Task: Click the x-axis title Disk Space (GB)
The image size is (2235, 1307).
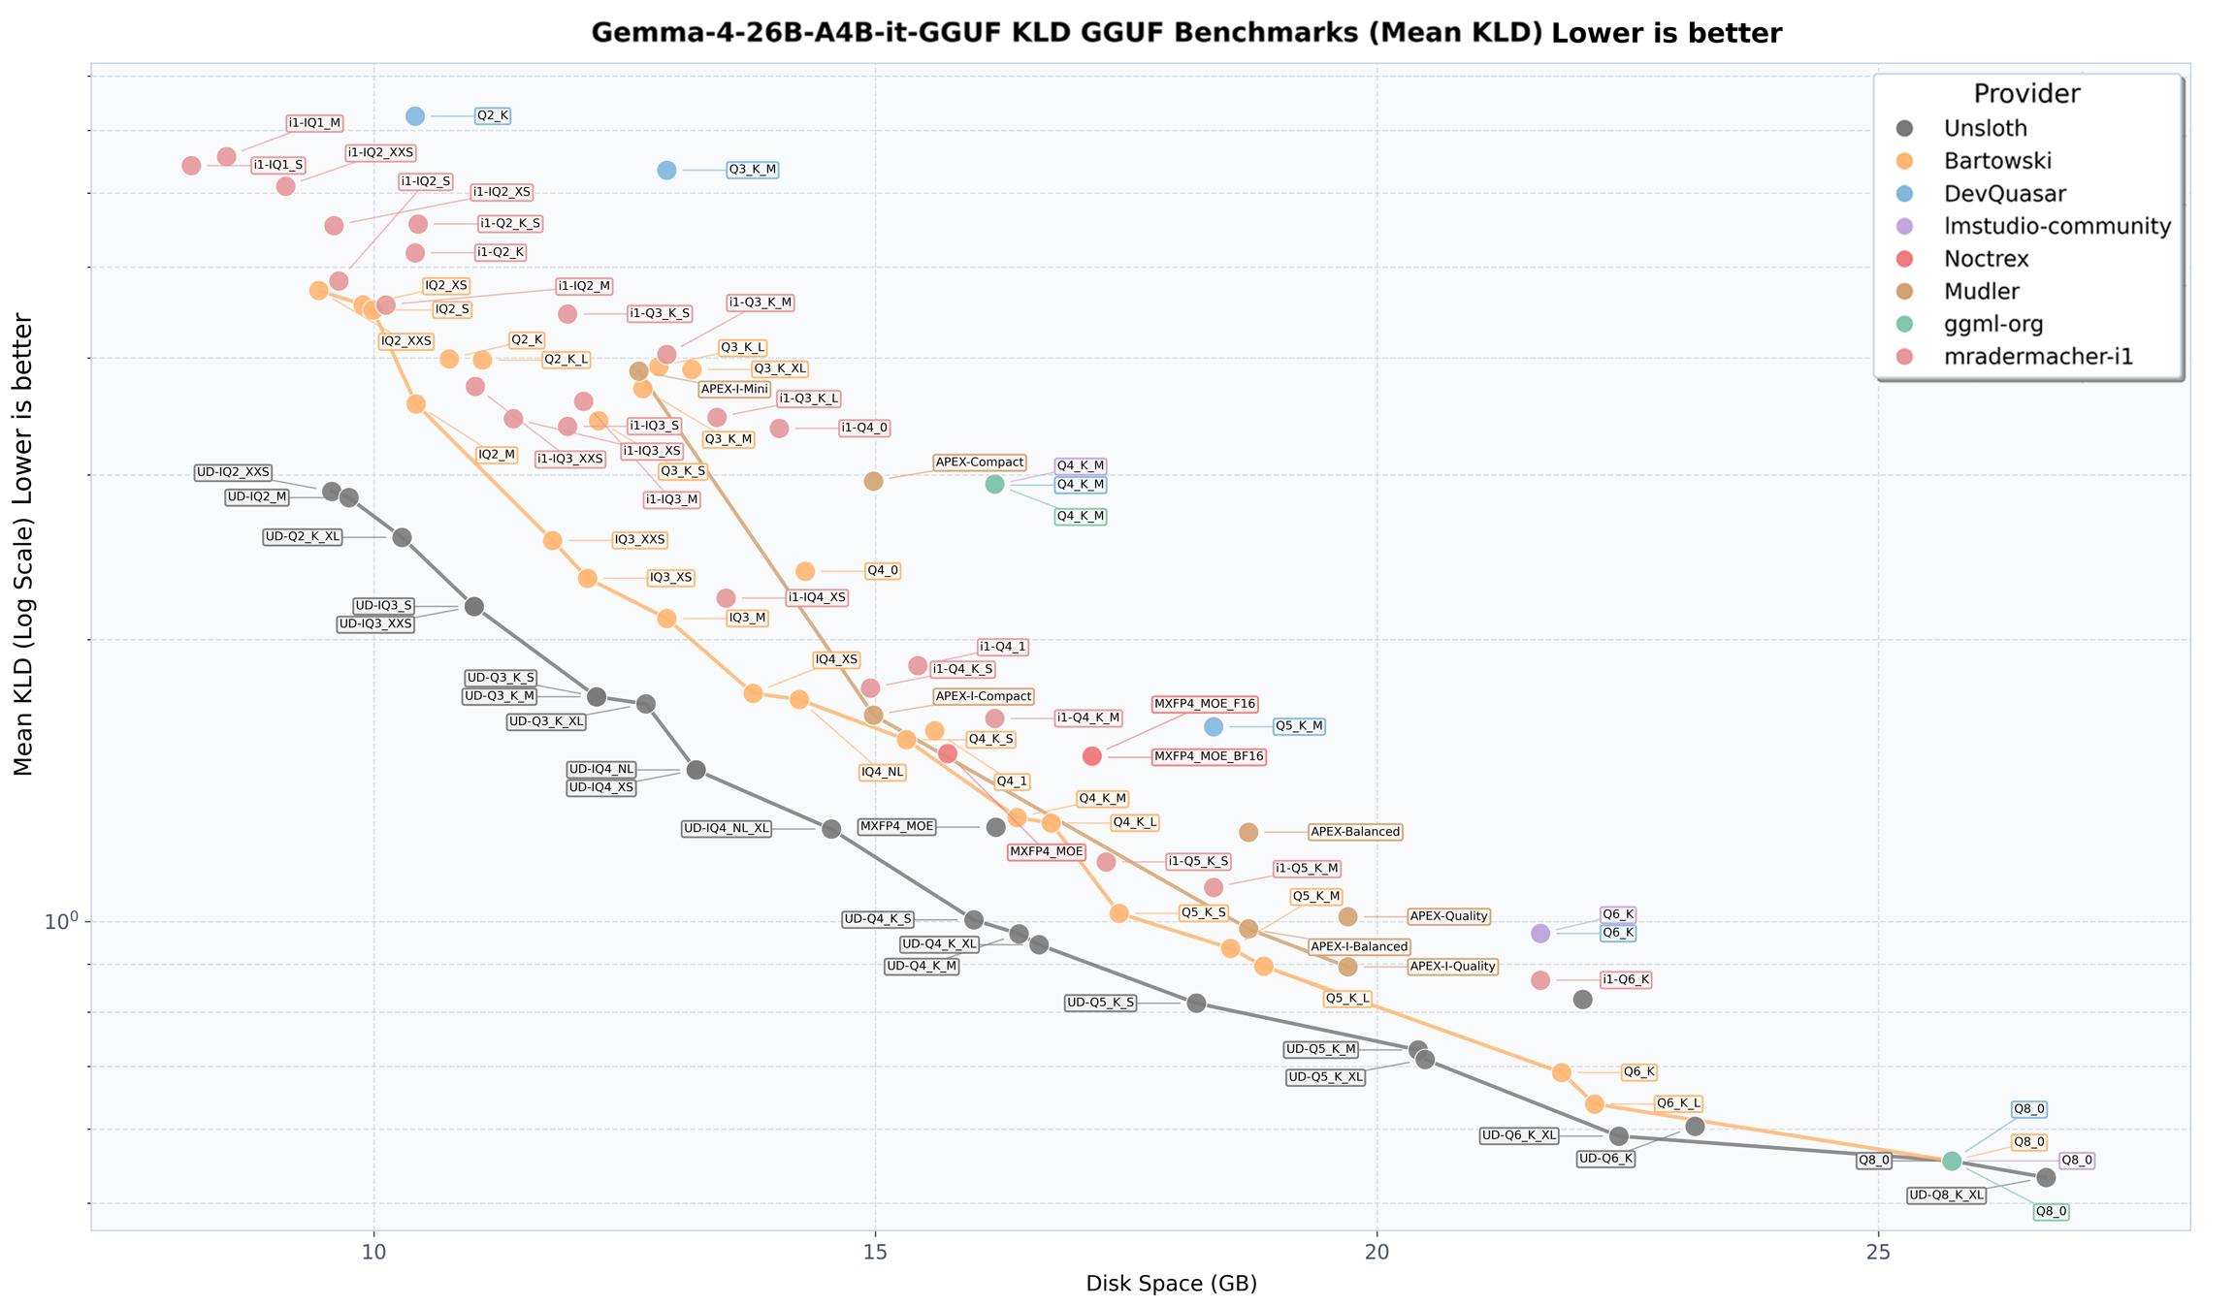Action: pos(1172,1284)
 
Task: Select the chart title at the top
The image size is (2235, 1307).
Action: pos(1186,33)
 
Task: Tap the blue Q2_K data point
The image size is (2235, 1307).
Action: pos(415,116)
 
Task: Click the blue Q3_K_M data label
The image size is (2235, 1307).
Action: pos(753,170)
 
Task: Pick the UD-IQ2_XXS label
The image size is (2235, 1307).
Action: pos(233,472)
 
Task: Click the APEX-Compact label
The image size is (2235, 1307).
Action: pos(979,462)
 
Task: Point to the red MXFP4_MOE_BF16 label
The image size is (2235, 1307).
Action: pos(1209,756)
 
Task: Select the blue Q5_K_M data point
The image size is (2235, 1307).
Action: pos(1214,727)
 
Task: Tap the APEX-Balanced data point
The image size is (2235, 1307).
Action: pos(1249,832)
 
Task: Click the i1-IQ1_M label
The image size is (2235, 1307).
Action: pos(315,123)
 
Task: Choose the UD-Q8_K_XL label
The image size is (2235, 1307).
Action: pos(1946,1195)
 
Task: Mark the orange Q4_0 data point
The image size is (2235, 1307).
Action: pos(805,571)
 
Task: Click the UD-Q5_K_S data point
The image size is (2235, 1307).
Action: pos(1197,1003)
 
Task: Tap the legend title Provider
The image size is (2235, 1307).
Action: pos(2027,94)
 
